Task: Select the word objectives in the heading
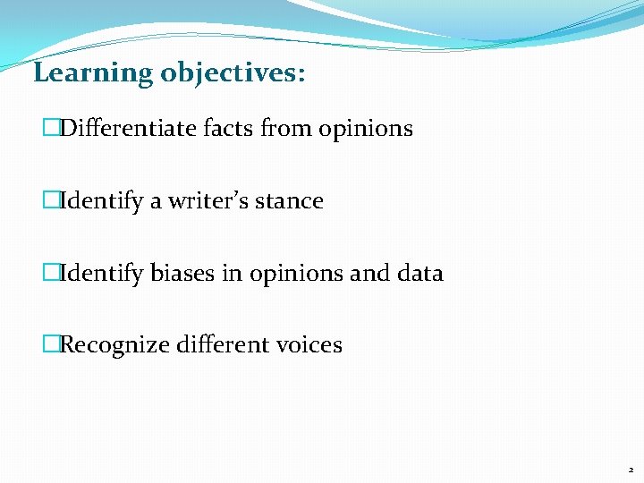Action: point(231,73)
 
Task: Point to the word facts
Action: point(228,129)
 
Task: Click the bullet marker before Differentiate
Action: point(50,129)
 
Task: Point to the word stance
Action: point(289,201)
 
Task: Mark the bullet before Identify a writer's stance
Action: point(50,201)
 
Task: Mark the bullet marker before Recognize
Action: point(50,344)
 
